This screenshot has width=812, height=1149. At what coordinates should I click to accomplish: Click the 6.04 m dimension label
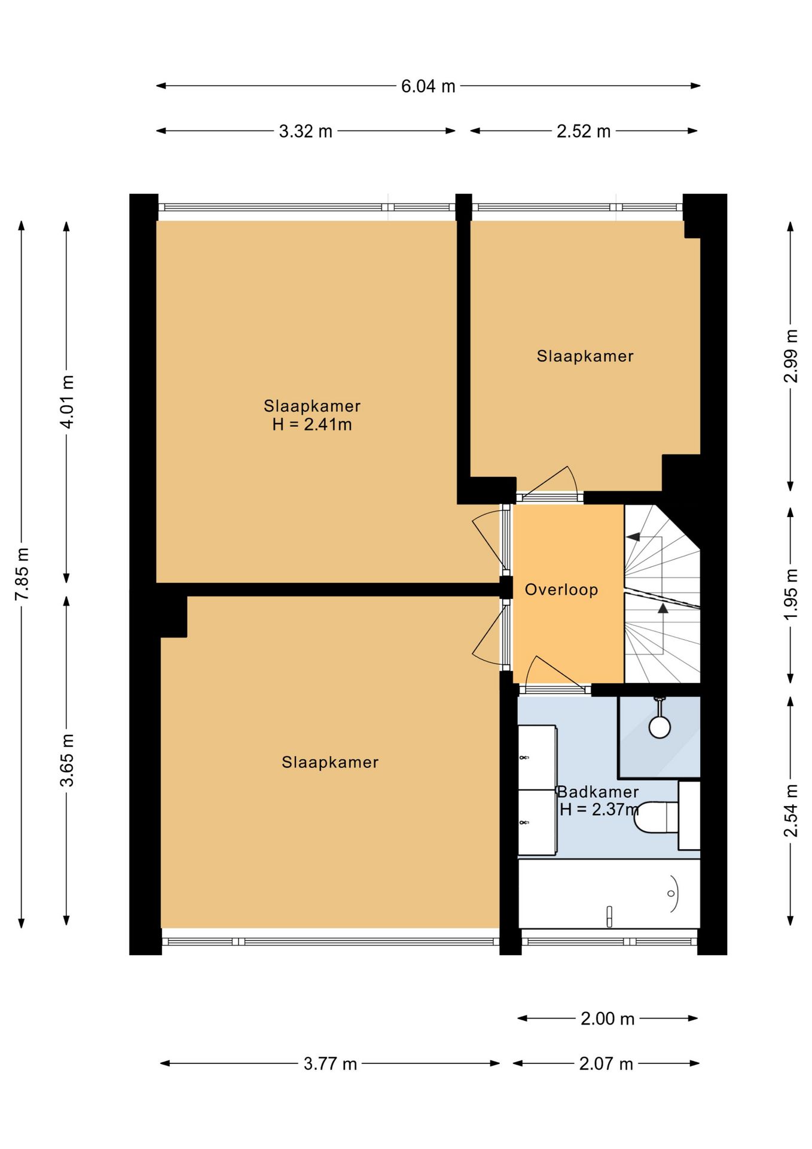coord(428,86)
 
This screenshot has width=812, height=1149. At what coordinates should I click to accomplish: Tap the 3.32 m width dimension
coord(306,131)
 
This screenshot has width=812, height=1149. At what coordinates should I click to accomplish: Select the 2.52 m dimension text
coord(583,131)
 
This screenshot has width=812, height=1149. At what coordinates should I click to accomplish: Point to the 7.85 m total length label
coord(22,573)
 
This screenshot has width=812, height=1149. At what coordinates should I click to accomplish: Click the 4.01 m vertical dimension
coord(67,402)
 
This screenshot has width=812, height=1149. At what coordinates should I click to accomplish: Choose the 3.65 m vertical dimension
coord(67,759)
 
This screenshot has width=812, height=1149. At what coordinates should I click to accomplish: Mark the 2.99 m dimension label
coord(790,356)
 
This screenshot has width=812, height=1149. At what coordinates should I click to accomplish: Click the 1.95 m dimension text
coord(790,595)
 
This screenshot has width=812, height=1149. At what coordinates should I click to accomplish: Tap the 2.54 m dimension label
coord(790,810)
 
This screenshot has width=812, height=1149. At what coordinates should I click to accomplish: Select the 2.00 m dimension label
coord(607,1019)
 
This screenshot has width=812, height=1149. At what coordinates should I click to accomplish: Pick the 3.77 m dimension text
coord(330,1063)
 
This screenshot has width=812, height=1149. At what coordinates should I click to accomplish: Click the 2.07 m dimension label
coord(606,1063)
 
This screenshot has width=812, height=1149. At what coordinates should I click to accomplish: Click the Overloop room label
coord(561,589)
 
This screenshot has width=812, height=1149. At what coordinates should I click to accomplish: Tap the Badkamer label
coord(597,792)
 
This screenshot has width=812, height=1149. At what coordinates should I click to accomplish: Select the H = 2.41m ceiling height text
coord(312,424)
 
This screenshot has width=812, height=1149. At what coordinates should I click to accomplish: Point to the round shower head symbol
coord(659,727)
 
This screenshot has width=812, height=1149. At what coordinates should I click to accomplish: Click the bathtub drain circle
coord(671,893)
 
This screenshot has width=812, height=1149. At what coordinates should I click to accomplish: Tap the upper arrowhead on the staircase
coord(633,537)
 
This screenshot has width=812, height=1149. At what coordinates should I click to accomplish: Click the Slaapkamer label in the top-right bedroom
coord(585,356)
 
